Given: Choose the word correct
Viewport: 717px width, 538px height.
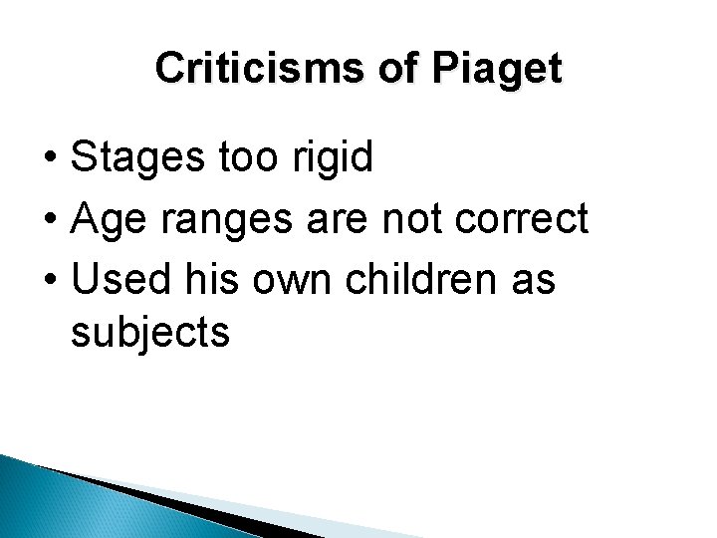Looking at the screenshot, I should coord(525,219).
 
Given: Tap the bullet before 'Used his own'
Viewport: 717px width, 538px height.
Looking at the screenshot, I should coord(49,281).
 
